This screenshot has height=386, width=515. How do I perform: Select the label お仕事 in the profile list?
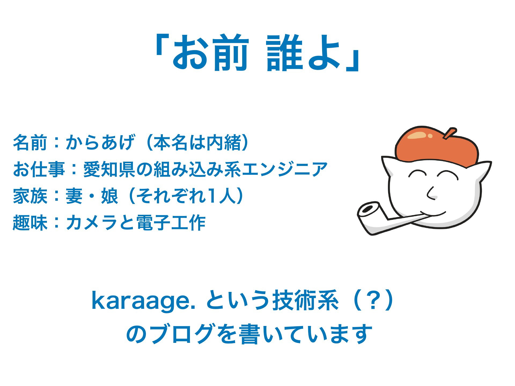[x=39, y=169]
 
